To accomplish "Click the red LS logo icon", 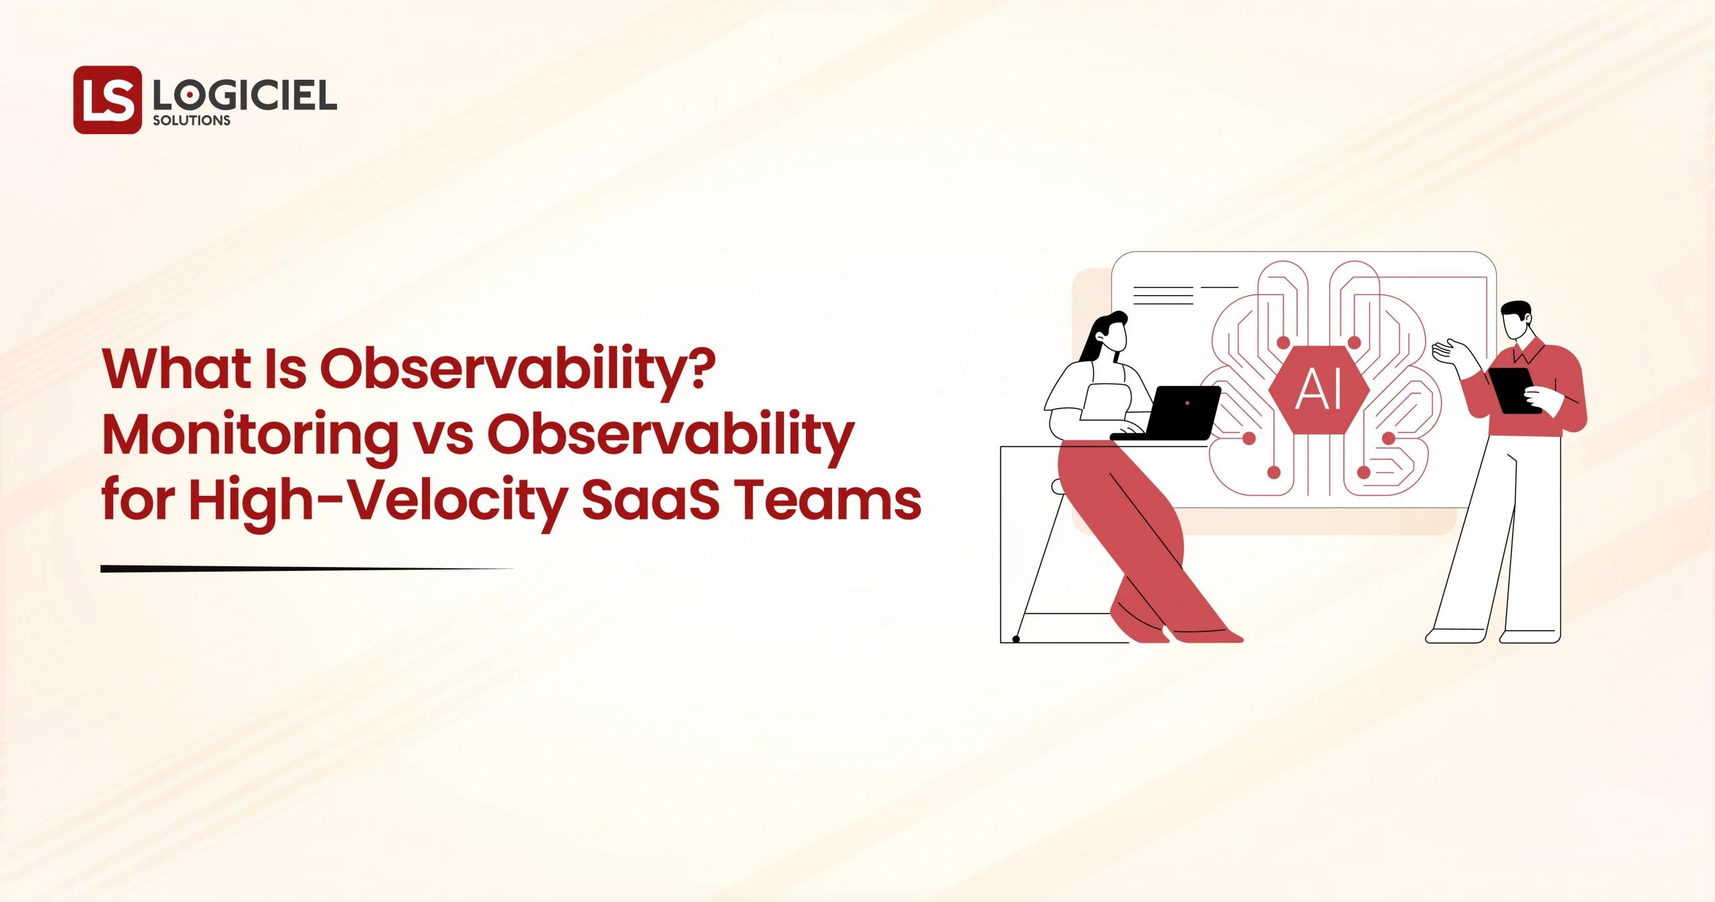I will click(107, 100).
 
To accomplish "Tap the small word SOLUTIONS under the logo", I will click(192, 121).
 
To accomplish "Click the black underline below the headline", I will click(301, 569).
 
